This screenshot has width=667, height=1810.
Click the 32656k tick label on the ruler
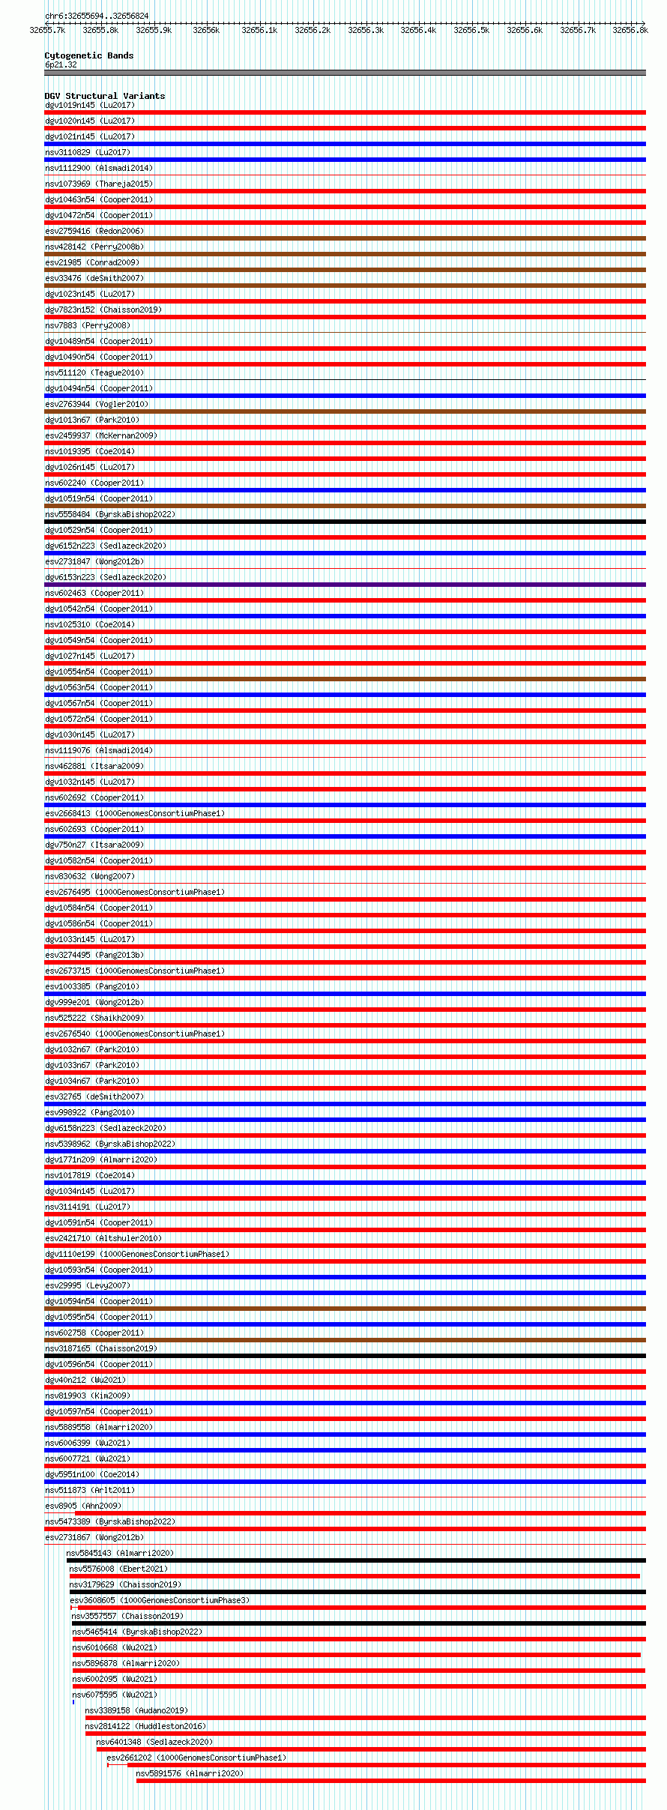click(206, 30)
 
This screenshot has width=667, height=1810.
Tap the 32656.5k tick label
click(471, 30)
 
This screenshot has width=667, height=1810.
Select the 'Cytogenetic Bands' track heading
click(89, 55)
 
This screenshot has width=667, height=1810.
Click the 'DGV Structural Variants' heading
click(105, 96)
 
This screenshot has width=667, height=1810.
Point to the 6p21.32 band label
click(61, 64)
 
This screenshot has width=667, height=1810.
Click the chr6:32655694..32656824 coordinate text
click(97, 16)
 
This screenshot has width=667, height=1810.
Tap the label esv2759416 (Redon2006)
click(94, 231)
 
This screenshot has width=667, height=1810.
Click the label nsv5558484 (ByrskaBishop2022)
click(110, 514)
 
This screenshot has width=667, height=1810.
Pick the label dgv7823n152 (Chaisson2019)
click(103, 310)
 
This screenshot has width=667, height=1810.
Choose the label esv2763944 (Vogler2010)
click(97, 404)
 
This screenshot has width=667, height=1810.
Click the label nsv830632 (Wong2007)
click(90, 876)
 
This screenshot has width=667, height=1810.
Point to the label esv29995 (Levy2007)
click(88, 1285)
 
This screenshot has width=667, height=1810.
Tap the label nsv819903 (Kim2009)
click(88, 1396)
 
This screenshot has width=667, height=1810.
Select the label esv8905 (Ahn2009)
click(83, 1506)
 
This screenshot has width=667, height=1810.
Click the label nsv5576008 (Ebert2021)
click(118, 1569)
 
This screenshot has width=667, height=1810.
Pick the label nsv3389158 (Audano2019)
click(136, 1710)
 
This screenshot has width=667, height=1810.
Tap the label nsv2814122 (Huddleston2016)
click(145, 1726)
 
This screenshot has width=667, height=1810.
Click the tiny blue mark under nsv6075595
click(73, 1702)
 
